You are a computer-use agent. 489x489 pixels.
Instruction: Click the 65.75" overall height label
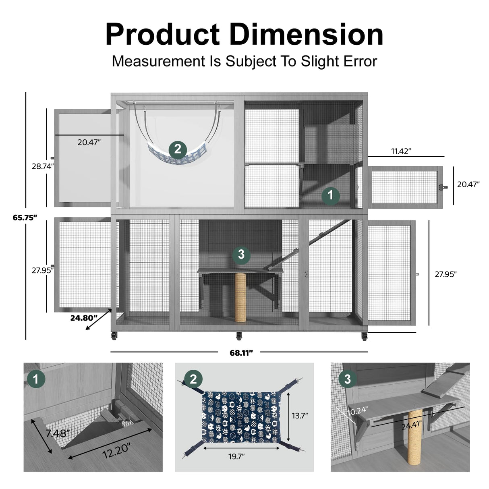click(25, 217)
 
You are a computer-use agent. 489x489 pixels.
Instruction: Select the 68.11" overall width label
click(241, 353)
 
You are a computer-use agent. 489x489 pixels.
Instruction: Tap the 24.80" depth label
click(84, 317)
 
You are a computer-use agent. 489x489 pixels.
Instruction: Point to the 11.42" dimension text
click(401, 151)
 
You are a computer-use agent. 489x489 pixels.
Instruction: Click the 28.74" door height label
click(43, 166)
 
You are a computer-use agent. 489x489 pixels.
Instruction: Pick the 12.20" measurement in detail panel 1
click(116, 450)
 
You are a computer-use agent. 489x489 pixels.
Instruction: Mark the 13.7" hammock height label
click(300, 415)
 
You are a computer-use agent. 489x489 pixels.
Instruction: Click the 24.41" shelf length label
click(413, 424)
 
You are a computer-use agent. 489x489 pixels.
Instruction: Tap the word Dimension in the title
click(306, 35)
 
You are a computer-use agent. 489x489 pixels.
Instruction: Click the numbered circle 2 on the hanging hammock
click(178, 150)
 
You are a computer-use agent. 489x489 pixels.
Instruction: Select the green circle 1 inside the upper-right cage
click(331, 195)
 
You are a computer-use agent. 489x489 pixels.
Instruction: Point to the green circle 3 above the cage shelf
click(241, 255)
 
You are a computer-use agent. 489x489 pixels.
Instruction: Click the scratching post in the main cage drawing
click(240, 297)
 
